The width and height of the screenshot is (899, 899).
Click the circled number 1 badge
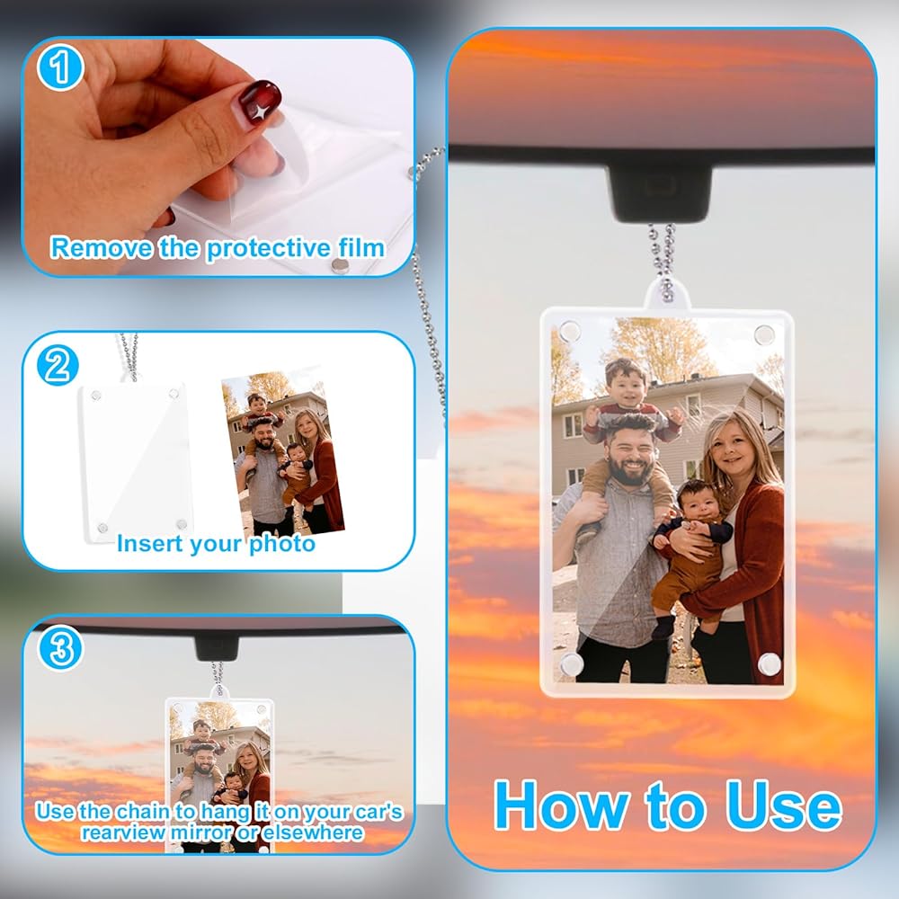point(60,67)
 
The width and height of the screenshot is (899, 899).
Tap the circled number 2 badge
point(58,365)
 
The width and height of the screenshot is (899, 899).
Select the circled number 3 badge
point(60,648)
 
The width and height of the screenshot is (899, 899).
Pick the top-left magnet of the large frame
point(568,331)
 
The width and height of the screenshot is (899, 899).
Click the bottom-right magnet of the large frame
point(769,663)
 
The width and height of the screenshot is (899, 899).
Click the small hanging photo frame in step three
point(219,775)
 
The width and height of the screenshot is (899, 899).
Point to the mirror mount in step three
point(217,647)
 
